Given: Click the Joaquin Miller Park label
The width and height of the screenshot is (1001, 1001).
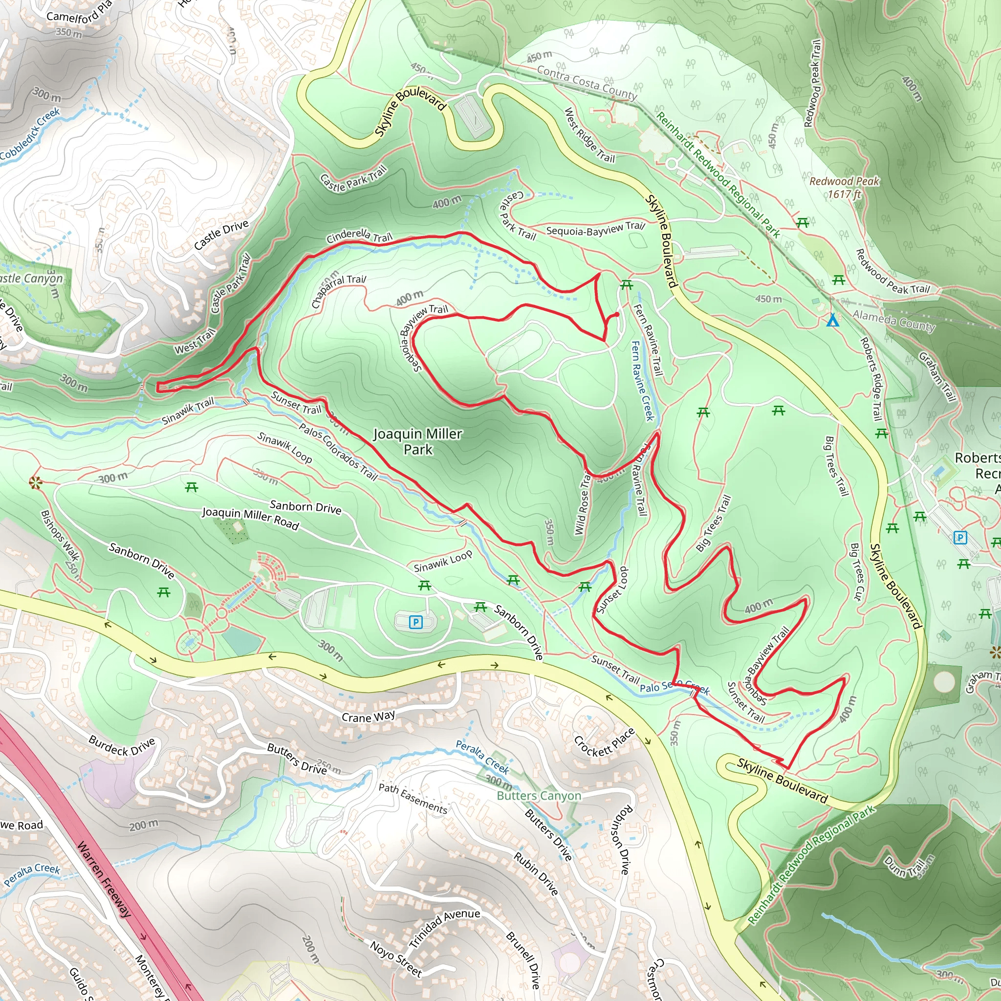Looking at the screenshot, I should point(417,441).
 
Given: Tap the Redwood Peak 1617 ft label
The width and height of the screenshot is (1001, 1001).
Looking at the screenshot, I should point(844,188).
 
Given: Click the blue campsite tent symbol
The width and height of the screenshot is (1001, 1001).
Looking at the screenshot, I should point(832,320).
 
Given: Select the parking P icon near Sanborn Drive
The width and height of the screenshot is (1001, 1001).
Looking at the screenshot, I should point(415,622).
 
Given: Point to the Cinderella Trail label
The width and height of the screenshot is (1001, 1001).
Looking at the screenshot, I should point(359,236).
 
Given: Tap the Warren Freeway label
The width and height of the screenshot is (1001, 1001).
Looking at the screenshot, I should point(104,880).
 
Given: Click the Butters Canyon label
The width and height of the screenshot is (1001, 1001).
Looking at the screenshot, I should point(539,796).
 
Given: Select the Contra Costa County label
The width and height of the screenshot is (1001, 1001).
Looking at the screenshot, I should point(587,83).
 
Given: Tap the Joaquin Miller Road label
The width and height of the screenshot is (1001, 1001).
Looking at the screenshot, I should point(250,519).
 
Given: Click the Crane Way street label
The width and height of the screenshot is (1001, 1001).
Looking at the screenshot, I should point(369,717).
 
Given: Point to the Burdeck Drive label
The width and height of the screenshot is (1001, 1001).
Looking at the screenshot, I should point(122,745).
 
